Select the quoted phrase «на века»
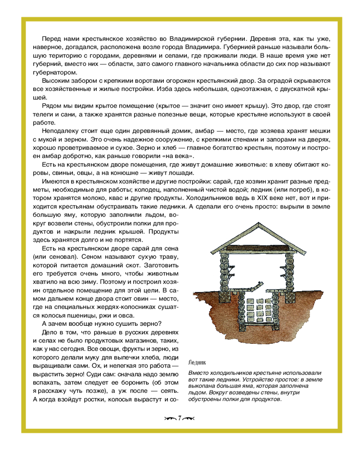point(181,156)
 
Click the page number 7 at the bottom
point(180,418)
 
